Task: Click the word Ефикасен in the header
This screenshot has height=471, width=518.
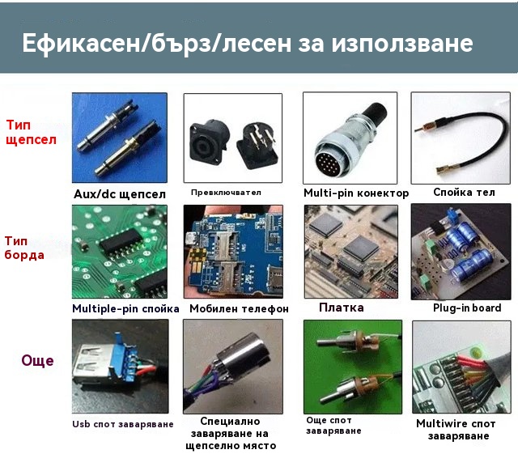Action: click(x=81, y=44)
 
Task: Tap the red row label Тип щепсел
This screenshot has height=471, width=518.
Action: click(x=31, y=133)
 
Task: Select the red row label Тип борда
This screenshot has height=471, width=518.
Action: click(x=24, y=248)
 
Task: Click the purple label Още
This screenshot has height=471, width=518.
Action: click(x=38, y=360)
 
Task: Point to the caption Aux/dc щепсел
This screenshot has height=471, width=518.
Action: click(x=120, y=194)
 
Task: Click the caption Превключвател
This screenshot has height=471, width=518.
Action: click(x=226, y=193)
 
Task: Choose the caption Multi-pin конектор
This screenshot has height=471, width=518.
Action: click(x=356, y=193)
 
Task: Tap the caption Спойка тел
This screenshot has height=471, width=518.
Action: click(x=464, y=192)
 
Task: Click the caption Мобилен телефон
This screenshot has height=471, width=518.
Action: click(x=240, y=308)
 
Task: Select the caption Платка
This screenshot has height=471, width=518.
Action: click(x=342, y=308)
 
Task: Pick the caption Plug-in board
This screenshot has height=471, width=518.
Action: click(x=467, y=308)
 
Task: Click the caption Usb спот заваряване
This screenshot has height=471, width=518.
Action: click(x=123, y=424)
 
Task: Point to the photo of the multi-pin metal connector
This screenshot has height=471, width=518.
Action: click(x=350, y=138)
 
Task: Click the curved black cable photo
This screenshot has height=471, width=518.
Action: click(x=461, y=138)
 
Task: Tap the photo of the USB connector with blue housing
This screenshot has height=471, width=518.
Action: click(x=121, y=367)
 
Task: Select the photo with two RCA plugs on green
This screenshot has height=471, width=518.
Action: click(x=353, y=367)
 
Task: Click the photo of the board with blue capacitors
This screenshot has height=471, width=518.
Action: click(x=461, y=252)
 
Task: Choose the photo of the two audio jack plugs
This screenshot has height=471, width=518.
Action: click(x=120, y=138)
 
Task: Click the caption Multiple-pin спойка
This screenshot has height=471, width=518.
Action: click(x=125, y=308)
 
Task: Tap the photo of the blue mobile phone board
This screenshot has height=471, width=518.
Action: click(x=233, y=252)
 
